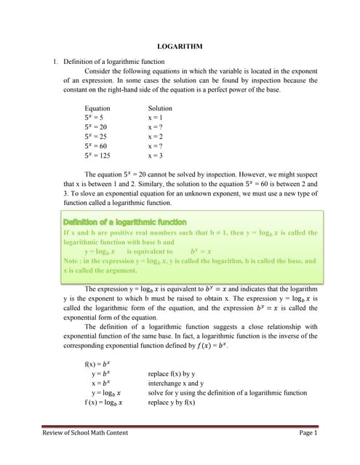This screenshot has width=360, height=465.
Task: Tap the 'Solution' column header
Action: [160, 108]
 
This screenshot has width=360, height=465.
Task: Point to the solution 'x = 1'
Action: [155, 117]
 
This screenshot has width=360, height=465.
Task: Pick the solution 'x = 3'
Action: [155, 155]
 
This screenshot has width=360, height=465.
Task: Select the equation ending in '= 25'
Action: [96, 137]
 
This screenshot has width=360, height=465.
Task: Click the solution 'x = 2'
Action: [155, 137]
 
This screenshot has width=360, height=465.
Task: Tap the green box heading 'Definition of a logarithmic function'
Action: [125, 222]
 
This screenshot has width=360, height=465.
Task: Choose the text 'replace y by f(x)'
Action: [175, 401]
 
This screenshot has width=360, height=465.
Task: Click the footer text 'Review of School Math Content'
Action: [85, 433]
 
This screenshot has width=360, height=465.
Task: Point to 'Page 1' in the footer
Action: [308, 433]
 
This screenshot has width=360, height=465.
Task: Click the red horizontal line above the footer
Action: [180, 426]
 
